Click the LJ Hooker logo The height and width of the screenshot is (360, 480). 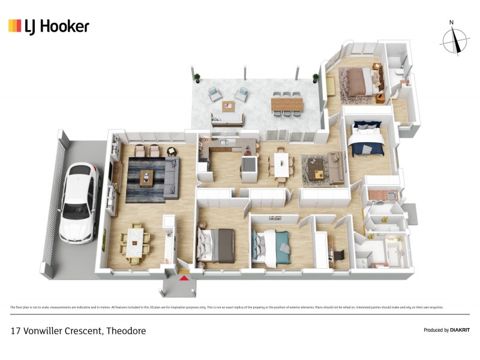[x=49, y=26]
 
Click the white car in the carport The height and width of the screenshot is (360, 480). [x=79, y=203]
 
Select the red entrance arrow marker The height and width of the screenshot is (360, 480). [x=184, y=277]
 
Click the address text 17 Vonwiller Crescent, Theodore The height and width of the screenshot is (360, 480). [x=78, y=331]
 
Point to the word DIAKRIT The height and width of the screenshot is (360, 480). [x=456, y=330]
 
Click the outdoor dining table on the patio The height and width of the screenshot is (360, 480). [x=286, y=104]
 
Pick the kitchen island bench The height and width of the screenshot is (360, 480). [x=248, y=164]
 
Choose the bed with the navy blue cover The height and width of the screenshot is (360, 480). [x=367, y=141]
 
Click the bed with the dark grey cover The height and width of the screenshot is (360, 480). [x=217, y=245]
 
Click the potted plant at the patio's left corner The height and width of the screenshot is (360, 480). [x=196, y=77]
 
